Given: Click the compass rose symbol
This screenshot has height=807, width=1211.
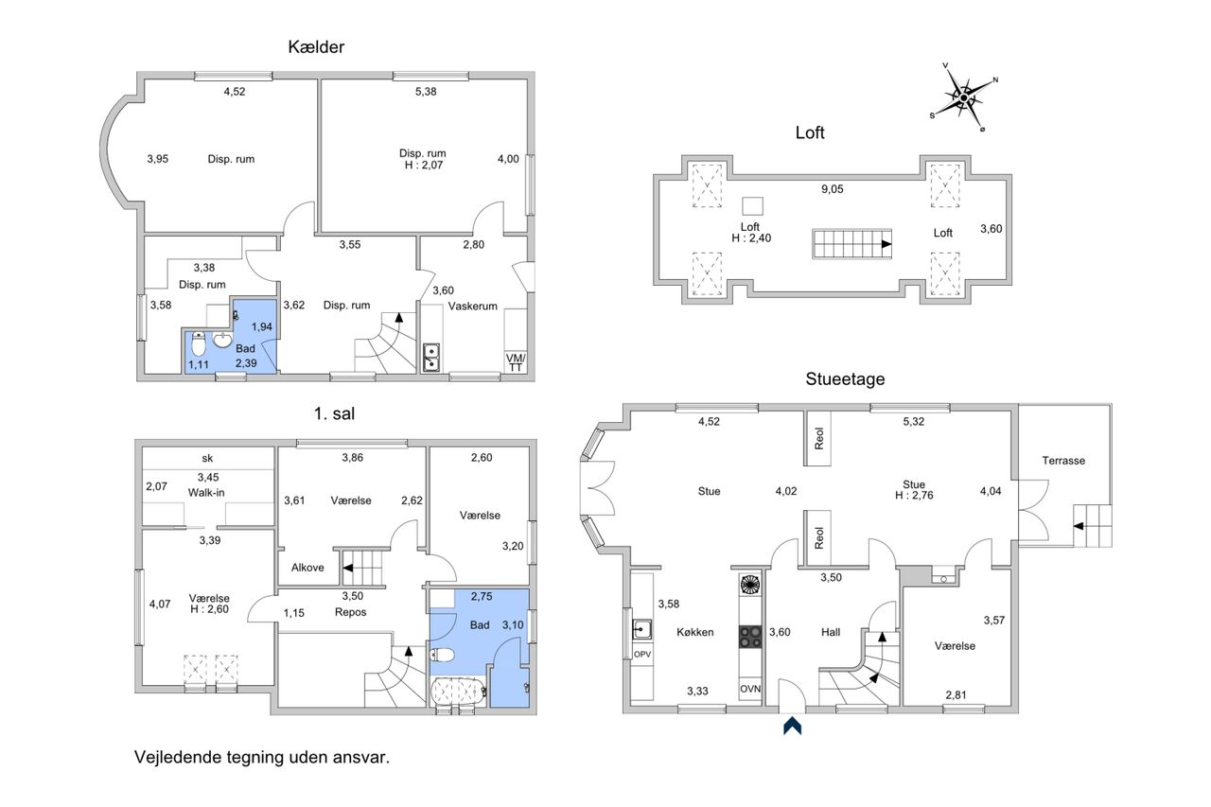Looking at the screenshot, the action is (964, 97).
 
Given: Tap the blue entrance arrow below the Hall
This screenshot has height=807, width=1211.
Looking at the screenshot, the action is (792, 726).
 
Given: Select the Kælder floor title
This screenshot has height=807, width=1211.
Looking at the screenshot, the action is (316, 47).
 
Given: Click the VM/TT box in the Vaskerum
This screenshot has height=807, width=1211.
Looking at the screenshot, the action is (516, 362).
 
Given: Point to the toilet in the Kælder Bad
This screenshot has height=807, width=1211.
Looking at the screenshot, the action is (199, 343).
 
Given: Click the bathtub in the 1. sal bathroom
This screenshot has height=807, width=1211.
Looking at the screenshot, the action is (458, 691).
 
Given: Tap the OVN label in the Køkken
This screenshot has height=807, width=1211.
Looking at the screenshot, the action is (750, 689).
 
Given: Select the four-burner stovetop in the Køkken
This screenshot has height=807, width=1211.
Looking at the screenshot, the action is (750, 637).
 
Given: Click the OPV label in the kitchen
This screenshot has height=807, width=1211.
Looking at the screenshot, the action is (642, 654).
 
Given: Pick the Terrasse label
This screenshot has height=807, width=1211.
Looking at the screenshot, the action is (1063, 461).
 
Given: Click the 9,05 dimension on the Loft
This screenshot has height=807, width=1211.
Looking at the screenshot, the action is (832, 189).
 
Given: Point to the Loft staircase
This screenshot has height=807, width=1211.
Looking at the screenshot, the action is (851, 244).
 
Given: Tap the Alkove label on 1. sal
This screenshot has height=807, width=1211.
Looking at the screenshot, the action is (307, 568).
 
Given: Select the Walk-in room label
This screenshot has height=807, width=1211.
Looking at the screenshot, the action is (206, 492).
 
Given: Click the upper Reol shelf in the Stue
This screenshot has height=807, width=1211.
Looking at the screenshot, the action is (818, 438).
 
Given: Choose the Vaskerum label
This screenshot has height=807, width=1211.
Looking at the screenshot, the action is (472, 306).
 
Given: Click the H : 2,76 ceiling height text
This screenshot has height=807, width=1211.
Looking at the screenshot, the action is (914, 495).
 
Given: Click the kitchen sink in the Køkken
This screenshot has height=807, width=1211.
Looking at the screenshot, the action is (642, 629).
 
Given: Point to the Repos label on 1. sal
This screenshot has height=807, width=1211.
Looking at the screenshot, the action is (350, 612).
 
